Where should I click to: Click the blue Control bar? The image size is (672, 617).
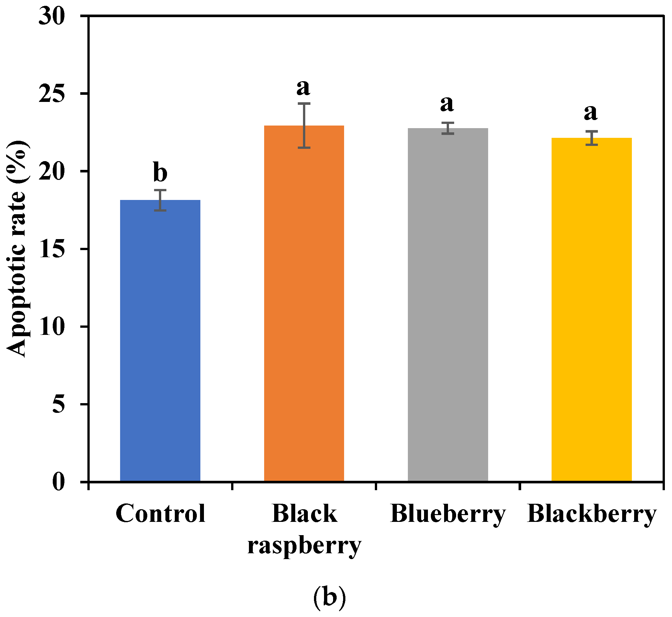coord(160,341)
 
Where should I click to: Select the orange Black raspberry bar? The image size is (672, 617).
coord(304,304)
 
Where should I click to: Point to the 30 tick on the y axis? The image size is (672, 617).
coord(52,16)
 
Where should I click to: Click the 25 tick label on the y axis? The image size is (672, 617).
coord(52,94)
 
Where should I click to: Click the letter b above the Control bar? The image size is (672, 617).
coord(160,172)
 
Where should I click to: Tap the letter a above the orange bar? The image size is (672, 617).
coord(303,87)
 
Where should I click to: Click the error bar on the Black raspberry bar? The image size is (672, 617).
coord(304,126)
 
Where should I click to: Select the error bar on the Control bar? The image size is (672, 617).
coord(160,200)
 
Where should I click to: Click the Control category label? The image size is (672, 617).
coord(160,513)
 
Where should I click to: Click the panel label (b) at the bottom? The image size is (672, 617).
coord(329,598)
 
